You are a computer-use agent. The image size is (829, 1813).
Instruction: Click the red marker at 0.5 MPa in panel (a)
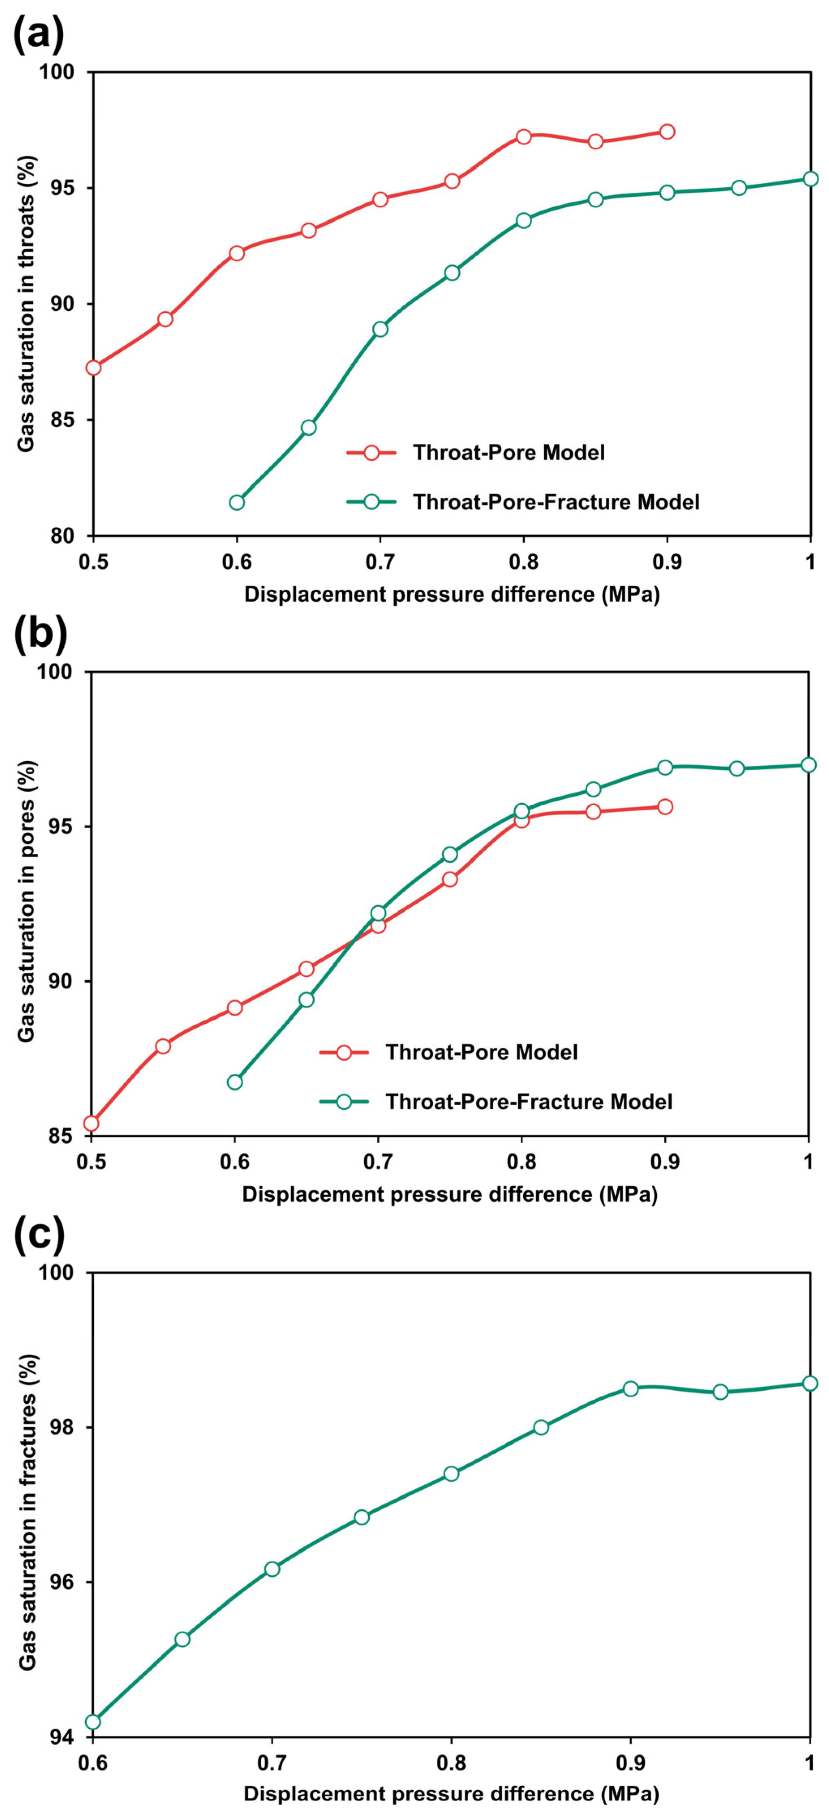[94, 367]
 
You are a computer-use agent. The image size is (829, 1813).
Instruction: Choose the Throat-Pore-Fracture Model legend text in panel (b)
[528, 1102]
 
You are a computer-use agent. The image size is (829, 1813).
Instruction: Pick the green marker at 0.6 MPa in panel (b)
[235, 1082]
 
